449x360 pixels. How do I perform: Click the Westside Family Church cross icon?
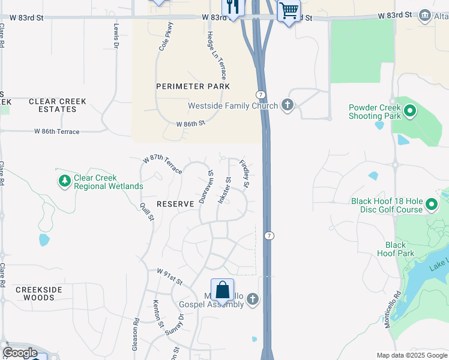[x=288, y=106]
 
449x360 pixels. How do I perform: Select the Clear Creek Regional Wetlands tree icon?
[x=65, y=180]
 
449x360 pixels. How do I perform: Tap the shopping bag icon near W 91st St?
[x=222, y=290]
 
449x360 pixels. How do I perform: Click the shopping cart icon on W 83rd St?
[x=289, y=10]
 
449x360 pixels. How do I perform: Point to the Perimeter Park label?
[x=193, y=86]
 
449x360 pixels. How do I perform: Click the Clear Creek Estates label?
[x=58, y=105]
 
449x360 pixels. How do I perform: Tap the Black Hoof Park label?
[x=396, y=249]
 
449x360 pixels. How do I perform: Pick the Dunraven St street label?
[x=205, y=187]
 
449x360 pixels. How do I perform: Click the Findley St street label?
[x=244, y=172]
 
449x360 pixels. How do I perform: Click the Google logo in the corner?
[x=20, y=353]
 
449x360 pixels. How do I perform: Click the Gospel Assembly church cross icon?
[x=253, y=298]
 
